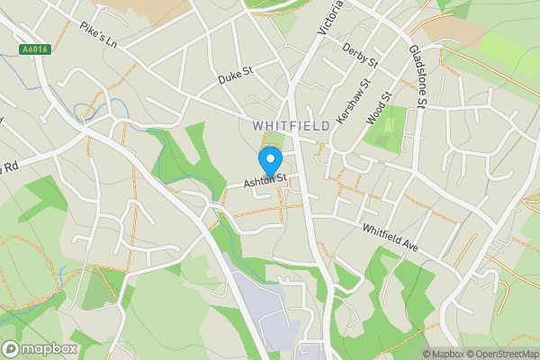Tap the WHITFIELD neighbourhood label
(291, 126)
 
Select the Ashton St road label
(268, 180)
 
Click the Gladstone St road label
(417, 76)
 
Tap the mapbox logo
(40, 348)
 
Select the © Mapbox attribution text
(444, 354)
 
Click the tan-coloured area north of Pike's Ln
(162, 9)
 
